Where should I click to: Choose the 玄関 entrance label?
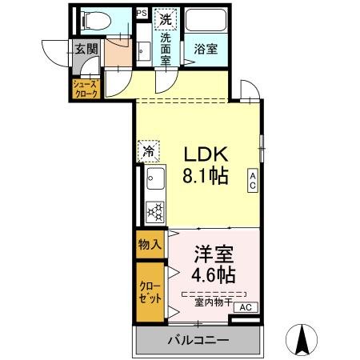coord(86,50)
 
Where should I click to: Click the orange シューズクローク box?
coord(86,89)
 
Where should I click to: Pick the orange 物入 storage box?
coord(150,244)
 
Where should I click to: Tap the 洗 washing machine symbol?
coord(165,18)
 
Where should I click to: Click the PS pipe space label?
coord(142,14)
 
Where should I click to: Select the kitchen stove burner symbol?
coord(155,211)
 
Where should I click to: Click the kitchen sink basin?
coord(154,181)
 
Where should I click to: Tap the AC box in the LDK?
coord(251,182)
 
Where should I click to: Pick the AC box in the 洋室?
coord(246,307)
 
